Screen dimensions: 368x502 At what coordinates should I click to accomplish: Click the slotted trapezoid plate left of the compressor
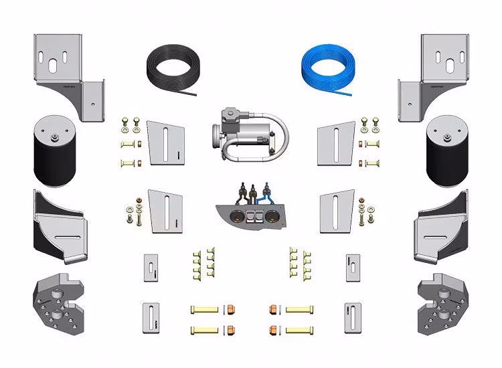[166, 142]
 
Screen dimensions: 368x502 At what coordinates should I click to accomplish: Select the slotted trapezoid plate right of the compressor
[336, 142]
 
